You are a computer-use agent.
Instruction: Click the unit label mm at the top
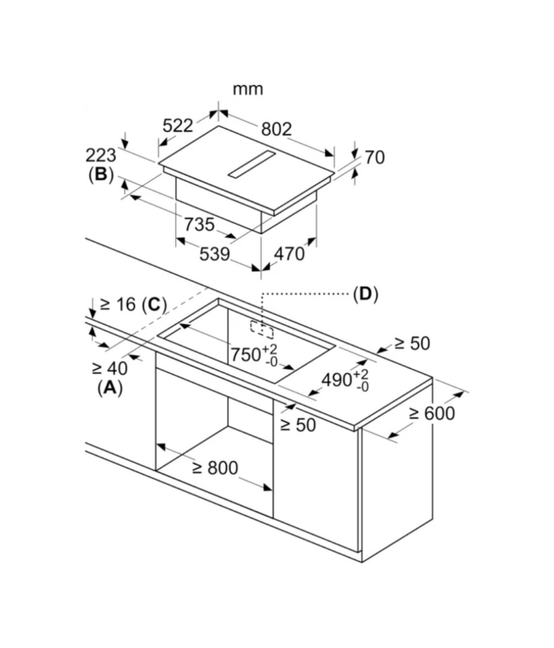pos(248,90)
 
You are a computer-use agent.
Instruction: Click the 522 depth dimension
pos(178,126)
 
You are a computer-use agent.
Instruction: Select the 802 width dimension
pos(276,130)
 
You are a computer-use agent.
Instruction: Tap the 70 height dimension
pos(374,157)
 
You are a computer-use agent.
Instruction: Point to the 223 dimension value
pos(101,156)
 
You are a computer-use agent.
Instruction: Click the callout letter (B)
pos(101,175)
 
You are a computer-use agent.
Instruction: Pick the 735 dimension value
pos(200,225)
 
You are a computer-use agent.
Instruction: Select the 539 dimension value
pos(215,255)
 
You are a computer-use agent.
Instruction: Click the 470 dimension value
pos(289,254)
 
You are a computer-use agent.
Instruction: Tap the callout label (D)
pos(365,294)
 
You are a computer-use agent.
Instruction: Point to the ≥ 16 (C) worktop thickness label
pos(133,305)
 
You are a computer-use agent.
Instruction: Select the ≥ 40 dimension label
pos(109,369)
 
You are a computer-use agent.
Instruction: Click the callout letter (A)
pos(109,388)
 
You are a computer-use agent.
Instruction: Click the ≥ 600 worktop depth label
pos(432,413)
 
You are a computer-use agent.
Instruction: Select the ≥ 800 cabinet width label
pos(215,468)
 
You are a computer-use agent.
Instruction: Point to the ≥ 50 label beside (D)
pos(411,343)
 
